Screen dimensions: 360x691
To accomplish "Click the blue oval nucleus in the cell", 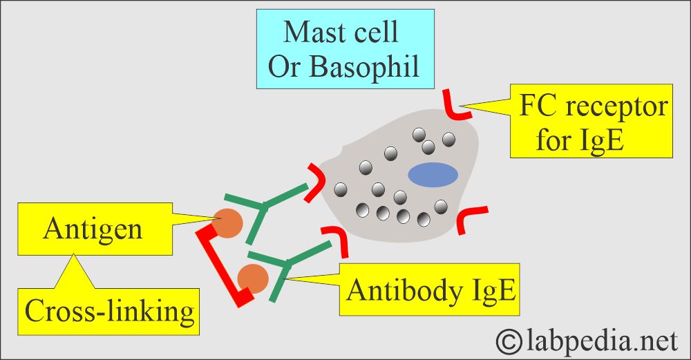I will pyautogui.click(x=433, y=175).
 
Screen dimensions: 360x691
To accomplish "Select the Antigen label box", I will pyautogui.click(x=93, y=227).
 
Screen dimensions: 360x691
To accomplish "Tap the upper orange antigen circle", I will pyautogui.click(x=228, y=222).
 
